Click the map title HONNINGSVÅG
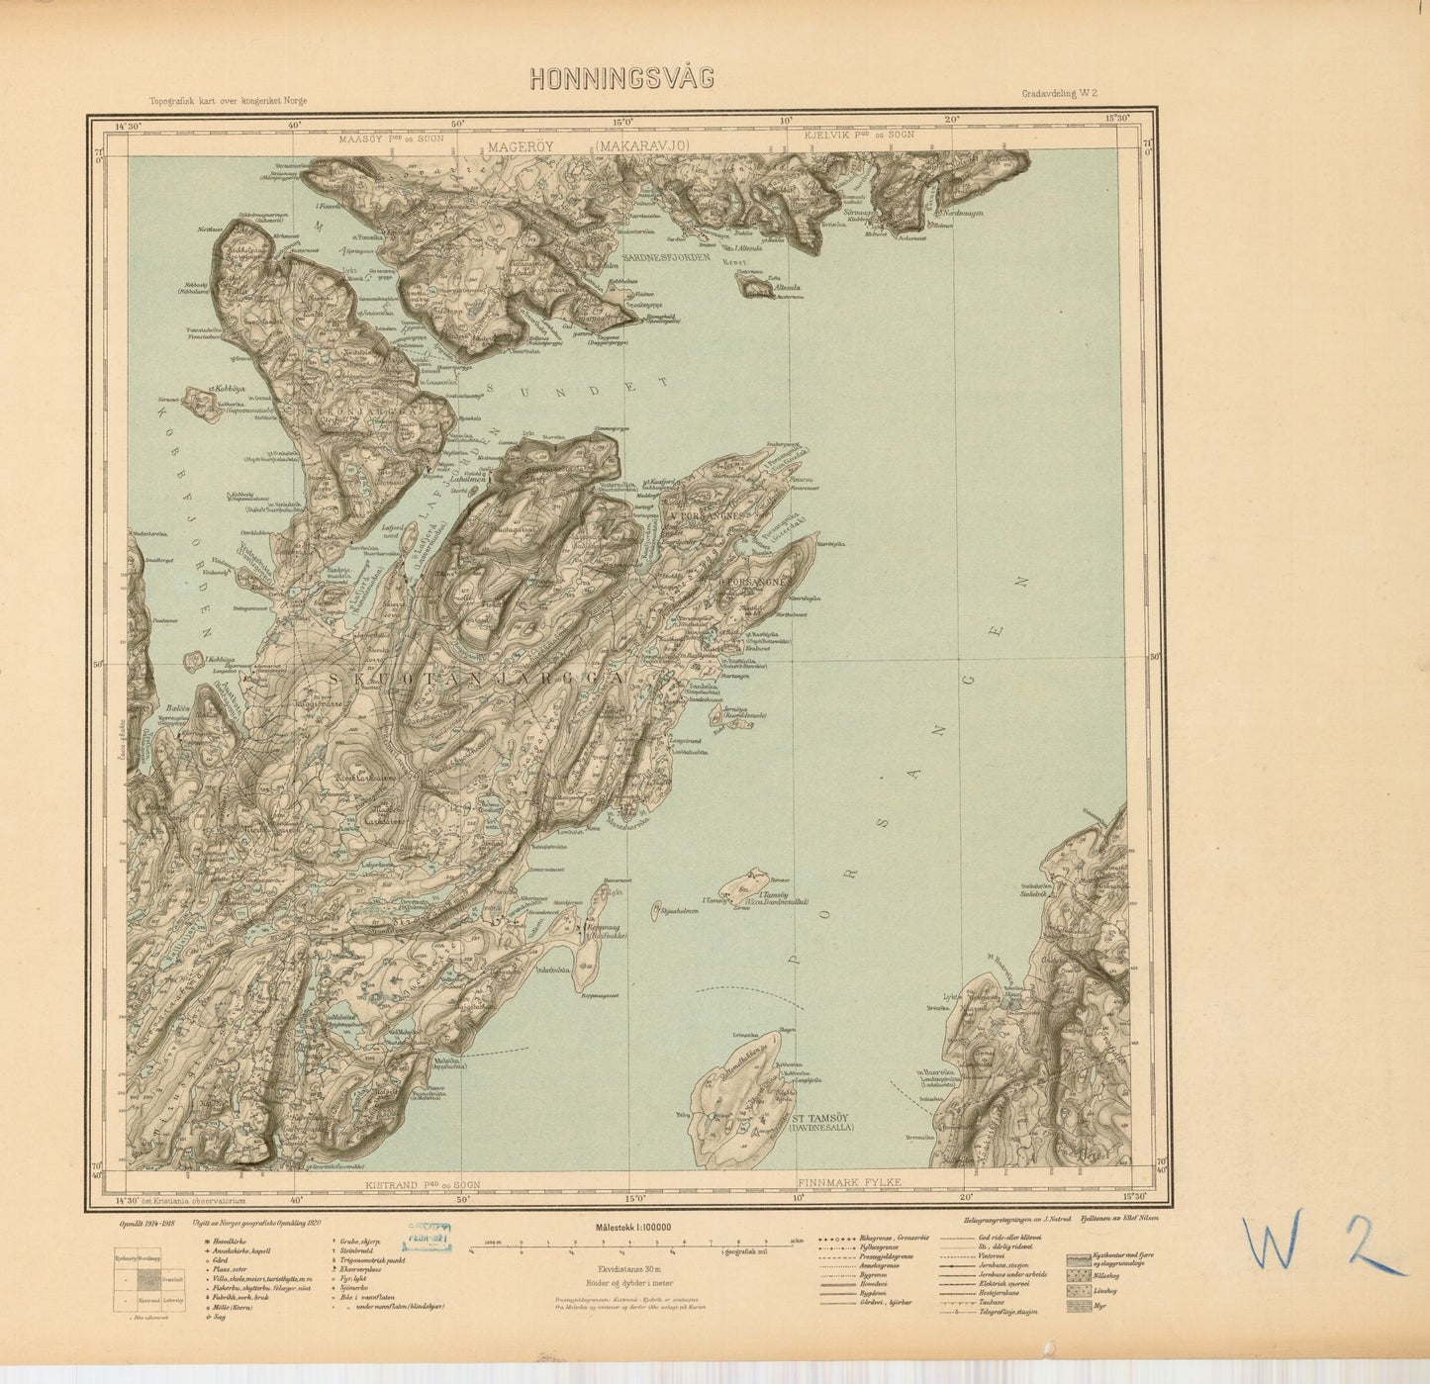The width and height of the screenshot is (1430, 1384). coord(621,79)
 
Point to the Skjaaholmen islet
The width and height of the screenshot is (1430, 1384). coord(674,912)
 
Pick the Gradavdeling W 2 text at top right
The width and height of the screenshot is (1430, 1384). coord(1062,94)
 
